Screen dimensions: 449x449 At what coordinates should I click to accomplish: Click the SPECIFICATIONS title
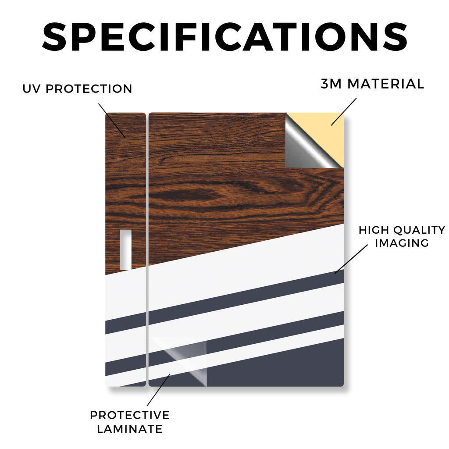[x=224, y=37]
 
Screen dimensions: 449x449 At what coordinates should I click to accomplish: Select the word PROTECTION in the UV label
[x=89, y=89]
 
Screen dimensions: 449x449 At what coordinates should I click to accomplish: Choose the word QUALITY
[x=419, y=230]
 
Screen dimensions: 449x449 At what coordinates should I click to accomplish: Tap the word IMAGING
[x=402, y=243]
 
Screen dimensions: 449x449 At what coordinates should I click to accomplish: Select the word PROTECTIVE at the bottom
[x=130, y=415]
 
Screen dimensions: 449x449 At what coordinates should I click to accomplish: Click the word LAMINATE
[x=130, y=429]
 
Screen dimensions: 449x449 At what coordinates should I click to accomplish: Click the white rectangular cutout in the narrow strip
[x=125, y=249]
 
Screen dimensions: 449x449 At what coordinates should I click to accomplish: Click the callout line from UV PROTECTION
[x=112, y=120]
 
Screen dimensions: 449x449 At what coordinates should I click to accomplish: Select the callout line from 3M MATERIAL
[x=344, y=112]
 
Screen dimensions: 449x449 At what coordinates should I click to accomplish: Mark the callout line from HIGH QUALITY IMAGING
[x=351, y=259]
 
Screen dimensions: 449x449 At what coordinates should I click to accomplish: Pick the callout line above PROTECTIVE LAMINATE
[x=158, y=390]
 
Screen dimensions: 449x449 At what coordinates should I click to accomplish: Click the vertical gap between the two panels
[x=147, y=249]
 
